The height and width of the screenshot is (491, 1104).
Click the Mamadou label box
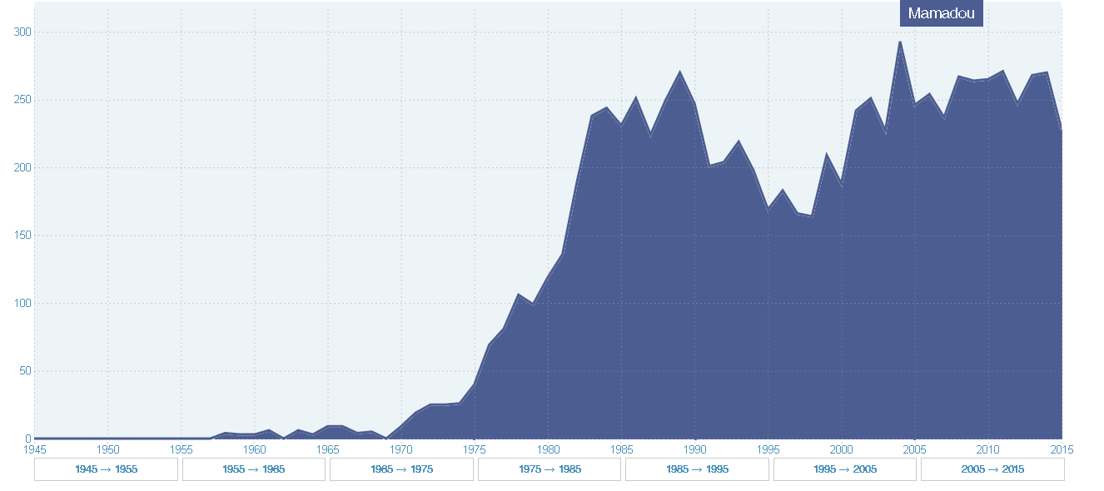[x=941, y=13]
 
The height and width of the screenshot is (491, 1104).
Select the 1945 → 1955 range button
[x=106, y=469]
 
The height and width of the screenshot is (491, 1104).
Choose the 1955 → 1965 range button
[x=253, y=469]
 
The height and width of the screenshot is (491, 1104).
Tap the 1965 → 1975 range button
[x=401, y=469]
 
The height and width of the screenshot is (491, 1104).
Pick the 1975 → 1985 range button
[x=549, y=469]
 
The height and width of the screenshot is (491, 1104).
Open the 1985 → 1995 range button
[x=697, y=469]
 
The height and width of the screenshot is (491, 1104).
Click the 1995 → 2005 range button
[x=845, y=469]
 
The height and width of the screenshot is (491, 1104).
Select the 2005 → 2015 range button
[x=992, y=469]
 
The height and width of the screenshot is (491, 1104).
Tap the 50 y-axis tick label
[x=25, y=371]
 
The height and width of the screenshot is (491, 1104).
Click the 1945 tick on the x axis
[x=34, y=449]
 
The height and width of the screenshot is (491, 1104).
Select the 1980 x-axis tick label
[x=548, y=449]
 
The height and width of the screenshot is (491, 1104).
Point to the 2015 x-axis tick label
[x=1062, y=449]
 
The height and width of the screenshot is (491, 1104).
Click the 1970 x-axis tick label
[x=401, y=449]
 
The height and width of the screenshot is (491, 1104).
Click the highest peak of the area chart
[x=900, y=42]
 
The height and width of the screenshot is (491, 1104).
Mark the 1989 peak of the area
[x=680, y=72]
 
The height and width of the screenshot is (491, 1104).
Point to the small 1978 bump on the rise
[x=518, y=294]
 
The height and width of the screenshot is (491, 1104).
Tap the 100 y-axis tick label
[x=22, y=303]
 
